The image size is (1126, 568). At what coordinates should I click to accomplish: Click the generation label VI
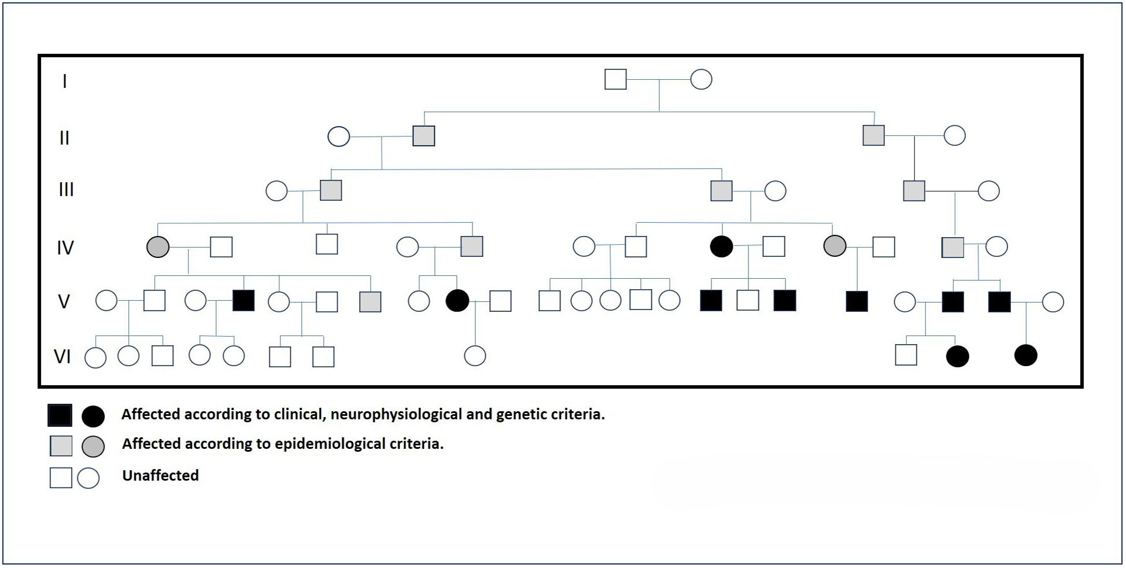pyautogui.click(x=62, y=356)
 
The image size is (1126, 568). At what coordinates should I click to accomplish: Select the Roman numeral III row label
pyautogui.click(x=66, y=190)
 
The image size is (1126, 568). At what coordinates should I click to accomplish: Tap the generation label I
pyautogui.click(x=65, y=81)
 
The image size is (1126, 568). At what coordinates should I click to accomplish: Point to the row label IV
pyautogui.click(x=65, y=248)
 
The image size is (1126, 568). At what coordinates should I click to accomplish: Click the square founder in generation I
pyautogui.click(x=615, y=79)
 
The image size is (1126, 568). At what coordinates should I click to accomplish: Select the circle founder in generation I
pyautogui.click(x=701, y=79)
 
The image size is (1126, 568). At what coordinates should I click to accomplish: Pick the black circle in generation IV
pyautogui.click(x=721, y=246)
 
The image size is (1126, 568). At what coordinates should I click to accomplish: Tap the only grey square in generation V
pyautogui.click(x=370, y=301)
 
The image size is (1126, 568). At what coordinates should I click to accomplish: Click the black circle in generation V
pyautogui.click(x=457, y=301)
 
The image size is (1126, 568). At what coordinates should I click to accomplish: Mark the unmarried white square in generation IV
pyautogui.click(x=327, y=244)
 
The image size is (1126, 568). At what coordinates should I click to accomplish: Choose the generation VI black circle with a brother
pyautogui.click(x=957, y=356)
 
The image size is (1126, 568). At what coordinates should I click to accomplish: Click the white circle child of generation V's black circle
pyautogui.click(x=475, y=356)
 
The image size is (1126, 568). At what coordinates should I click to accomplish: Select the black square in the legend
pyautogui.click(x=60, y=415)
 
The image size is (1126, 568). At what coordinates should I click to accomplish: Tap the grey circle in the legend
pyautogui.click(x=93, y=447)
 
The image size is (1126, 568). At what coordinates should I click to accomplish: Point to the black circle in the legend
pyautogui.click(x=93, y=416)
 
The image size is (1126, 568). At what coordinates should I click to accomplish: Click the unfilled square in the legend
pyautogui.click(x=61, y=478)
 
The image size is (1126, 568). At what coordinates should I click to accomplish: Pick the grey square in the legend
pyautogui.click(x=61, y=446)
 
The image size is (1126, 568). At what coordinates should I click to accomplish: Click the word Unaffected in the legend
pyautogui.click(x=160, y=475)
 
